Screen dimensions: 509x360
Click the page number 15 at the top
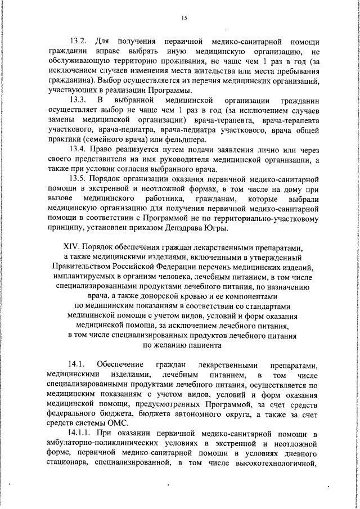183,18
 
